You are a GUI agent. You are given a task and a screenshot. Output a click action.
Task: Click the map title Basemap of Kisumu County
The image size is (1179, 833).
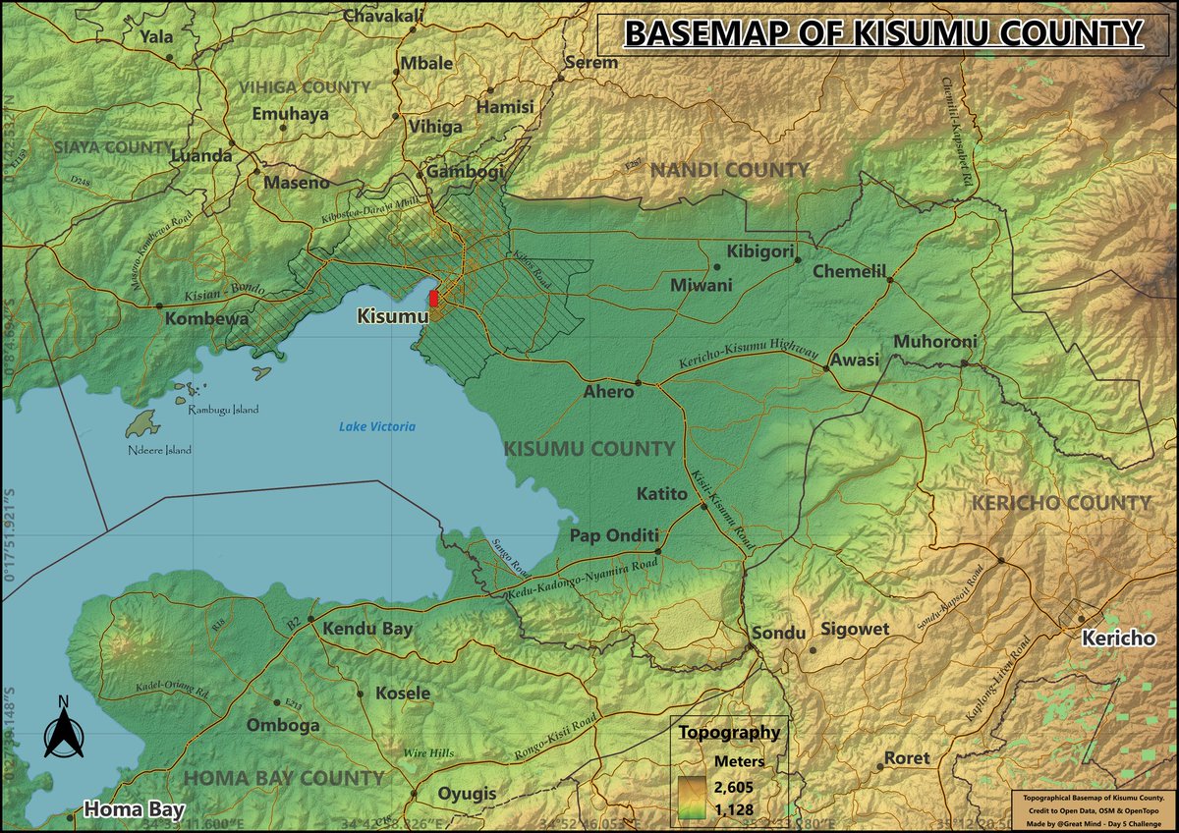point(883,33)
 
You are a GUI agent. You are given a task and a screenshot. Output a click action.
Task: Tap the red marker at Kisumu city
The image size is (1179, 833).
point(434,297)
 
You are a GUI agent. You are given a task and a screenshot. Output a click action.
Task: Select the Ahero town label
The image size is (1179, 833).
point(609,391)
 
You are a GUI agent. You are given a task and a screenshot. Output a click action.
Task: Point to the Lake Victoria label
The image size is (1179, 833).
point(377,426)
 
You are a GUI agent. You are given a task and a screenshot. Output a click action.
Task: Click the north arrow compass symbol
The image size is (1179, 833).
point(63,728)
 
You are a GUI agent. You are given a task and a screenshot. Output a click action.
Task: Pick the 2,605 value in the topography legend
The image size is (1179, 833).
point(732,782)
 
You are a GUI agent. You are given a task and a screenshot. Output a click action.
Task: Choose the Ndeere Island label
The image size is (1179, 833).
point(159,450)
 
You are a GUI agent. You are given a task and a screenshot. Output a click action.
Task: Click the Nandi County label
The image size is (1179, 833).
point(730,171)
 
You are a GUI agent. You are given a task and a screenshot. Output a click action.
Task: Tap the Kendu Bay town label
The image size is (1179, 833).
point(367,629)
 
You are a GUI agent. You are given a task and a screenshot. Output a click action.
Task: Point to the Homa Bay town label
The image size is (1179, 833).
point(134,810)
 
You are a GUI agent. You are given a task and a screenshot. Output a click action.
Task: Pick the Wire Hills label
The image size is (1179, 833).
point(428,753)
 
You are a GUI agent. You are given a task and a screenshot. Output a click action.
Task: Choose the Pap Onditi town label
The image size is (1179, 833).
point(614,536)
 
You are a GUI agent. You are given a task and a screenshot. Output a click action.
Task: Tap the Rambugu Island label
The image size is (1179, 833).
point(223,410)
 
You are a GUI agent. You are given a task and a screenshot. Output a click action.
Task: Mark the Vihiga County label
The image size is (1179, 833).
point(306,87)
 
